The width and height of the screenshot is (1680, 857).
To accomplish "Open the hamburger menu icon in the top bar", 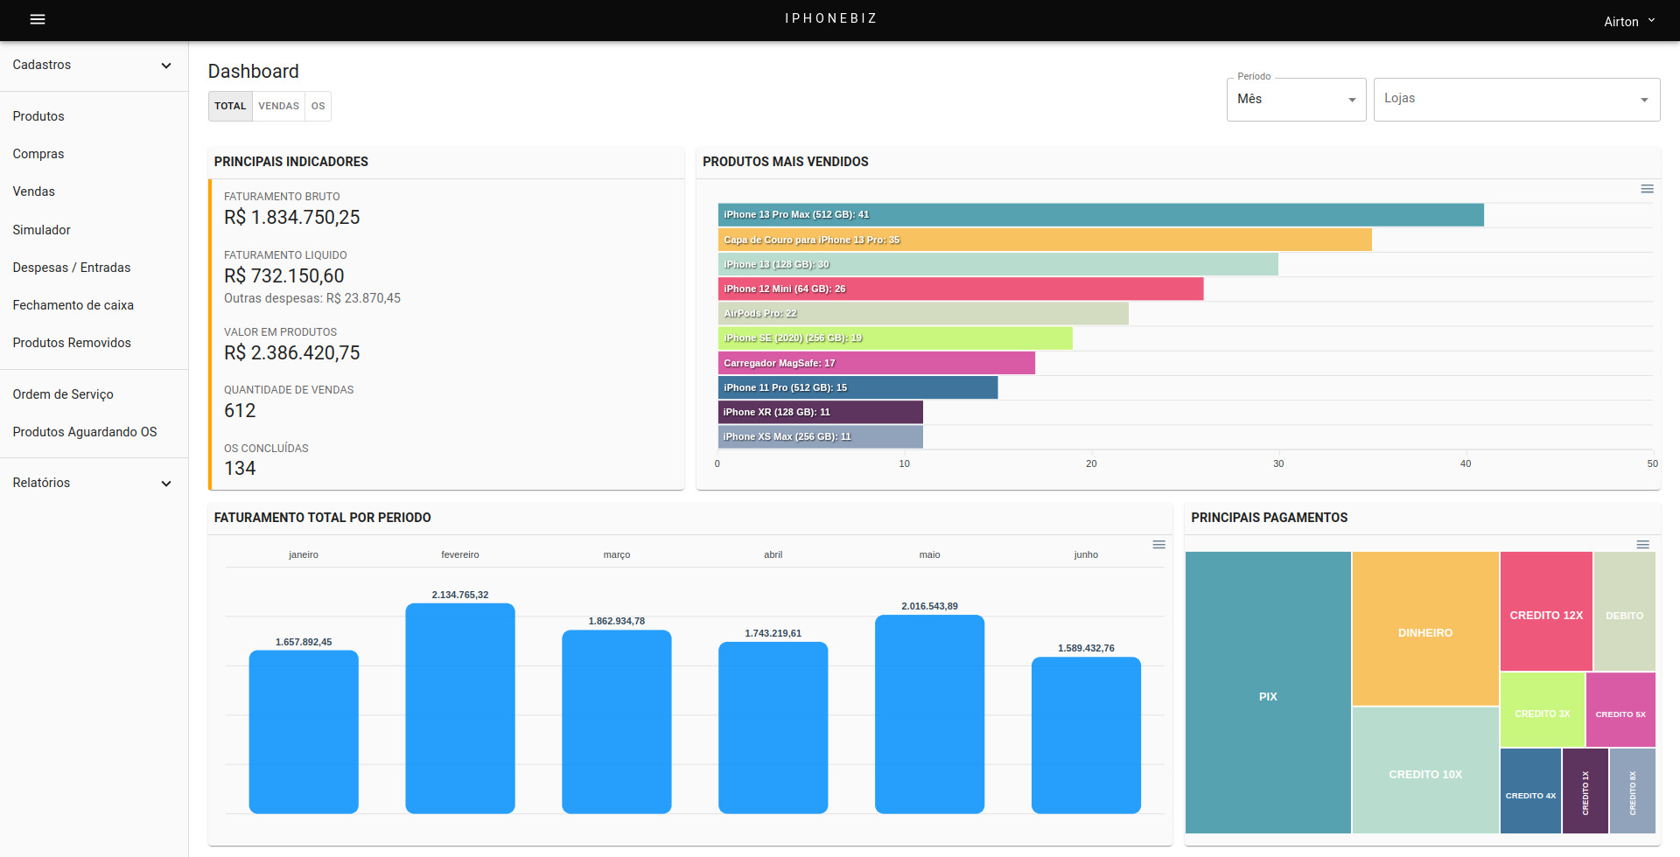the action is coord(38,19).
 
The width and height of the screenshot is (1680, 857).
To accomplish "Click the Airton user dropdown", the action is coord(1629,21).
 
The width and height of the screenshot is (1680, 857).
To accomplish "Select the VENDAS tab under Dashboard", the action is coord(278,106).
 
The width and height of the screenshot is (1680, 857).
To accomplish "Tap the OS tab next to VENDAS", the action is coord(318,106).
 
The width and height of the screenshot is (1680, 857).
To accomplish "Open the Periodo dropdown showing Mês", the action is coord(1296,99).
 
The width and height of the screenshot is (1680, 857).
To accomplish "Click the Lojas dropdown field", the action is coord(1516,99).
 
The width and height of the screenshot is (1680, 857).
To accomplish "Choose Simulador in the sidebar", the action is coord(42,230).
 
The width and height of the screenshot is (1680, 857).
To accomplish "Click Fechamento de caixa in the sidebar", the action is coord(73,305).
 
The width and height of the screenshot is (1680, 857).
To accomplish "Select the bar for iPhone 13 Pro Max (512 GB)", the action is coord(1101,214).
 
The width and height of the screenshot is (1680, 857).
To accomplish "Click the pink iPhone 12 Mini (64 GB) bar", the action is coord(961,289).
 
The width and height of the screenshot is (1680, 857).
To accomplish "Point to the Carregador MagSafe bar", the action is coord(877,363).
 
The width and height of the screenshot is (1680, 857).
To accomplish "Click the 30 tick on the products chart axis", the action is coord(1278,463).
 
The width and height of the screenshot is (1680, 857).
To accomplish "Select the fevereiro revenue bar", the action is coord(460,708).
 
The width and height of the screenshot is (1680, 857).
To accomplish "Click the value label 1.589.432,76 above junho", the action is coord(1086,648).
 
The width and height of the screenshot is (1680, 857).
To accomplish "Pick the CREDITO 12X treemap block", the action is coord(1546,611).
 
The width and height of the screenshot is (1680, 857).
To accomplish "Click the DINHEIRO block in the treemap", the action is coord(1425,629).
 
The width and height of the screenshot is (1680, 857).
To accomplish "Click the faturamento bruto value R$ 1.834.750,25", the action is coord(292,217).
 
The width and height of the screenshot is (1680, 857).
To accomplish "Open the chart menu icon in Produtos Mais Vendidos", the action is coord(1647,189).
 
